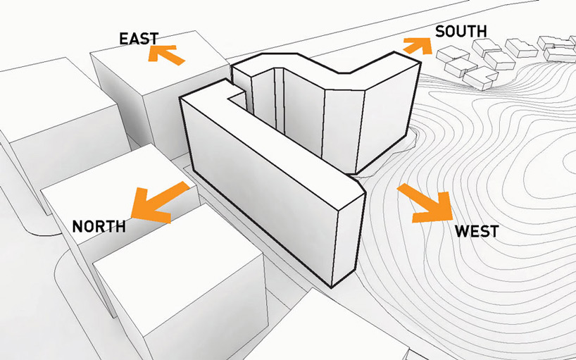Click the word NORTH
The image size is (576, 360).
tap(99, 227)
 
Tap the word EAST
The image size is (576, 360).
tap(139, 39)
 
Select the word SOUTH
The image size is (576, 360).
tap(461, 32)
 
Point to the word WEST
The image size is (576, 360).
tap(477, 231)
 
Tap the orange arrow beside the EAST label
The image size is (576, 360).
tap(166, 54)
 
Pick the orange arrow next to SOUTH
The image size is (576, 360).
tap(418, 46)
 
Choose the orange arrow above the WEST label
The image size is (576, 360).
tap(426, 203)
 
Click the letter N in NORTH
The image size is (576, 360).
tap(77, 227)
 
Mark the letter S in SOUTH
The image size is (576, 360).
tap(440, 32)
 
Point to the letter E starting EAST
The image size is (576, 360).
tap(123, 39)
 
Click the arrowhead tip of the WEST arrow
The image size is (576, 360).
tap(452, 221)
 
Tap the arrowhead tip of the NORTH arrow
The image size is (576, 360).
tap(132, 217)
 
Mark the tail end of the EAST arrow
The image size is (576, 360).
tap(182, 62)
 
